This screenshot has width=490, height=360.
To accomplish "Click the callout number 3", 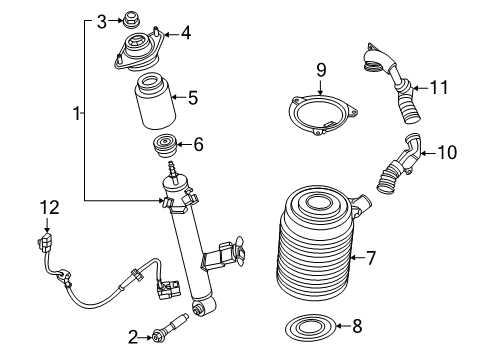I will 102,20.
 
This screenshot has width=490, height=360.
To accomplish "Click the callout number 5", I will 194,98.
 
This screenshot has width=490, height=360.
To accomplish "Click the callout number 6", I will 198,145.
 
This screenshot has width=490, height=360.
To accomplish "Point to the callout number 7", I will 370,258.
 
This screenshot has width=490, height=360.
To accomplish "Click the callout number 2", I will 131,337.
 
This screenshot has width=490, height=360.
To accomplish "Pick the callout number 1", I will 77,116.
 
